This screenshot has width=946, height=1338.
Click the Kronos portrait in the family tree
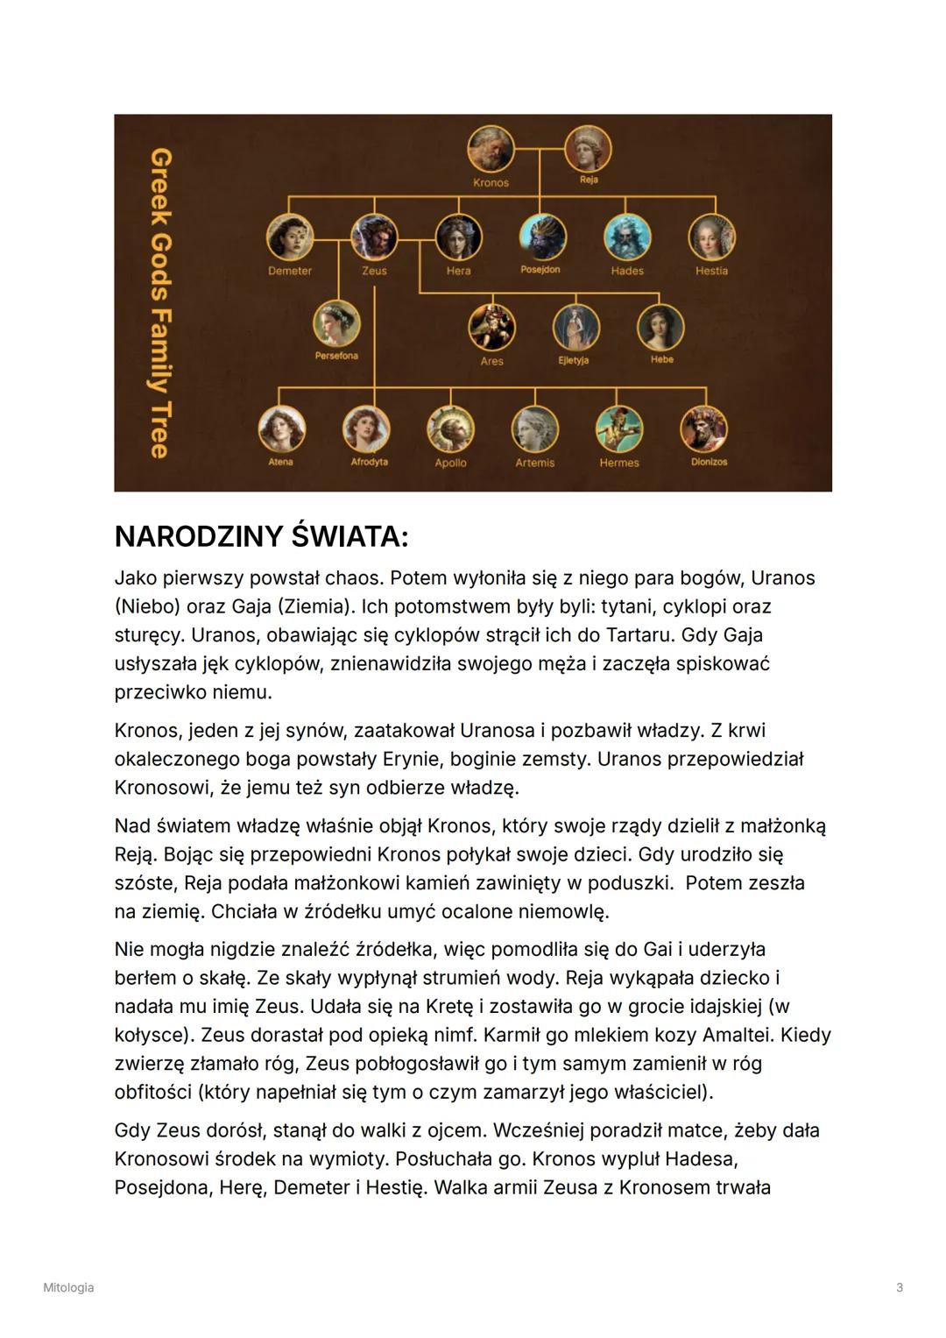[491, 149]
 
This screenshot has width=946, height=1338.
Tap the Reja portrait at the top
[588, 148]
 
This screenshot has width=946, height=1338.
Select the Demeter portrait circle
[290, 237]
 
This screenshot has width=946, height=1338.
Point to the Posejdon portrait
[542, 237]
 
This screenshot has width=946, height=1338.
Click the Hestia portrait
[711, 237]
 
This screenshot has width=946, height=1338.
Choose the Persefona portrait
[337, 324]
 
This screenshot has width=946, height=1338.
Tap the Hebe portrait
[660, 326]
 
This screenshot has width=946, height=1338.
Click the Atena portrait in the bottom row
[281, 429]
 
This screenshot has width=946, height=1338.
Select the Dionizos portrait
[704, 429]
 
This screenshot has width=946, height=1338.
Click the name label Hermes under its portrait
[619, 463]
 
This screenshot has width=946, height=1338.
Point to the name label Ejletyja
[574, 360]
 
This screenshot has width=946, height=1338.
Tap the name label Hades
[627, 271]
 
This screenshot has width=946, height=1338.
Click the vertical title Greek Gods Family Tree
[159, 302]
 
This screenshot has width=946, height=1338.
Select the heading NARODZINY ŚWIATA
[261, 536]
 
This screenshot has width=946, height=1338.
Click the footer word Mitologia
[68, 1287]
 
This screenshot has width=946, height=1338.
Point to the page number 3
[900, 1287]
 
